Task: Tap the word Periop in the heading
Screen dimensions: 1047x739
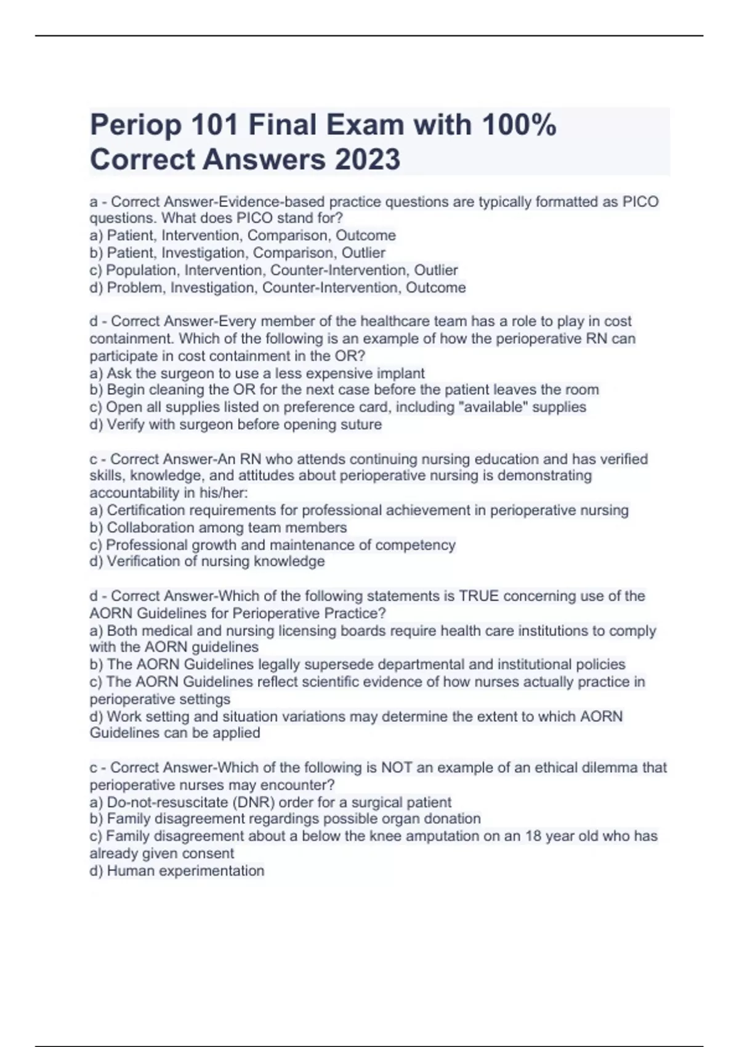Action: click(x=135, y=125)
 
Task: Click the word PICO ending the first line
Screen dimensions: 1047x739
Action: click(x=640, y=202)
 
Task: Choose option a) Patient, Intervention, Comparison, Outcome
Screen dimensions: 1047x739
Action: click(x=243, y=235)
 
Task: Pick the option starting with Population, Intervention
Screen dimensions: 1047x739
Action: click(x=273, y=270)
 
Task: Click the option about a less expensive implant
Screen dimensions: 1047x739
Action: click(x=257, y=373)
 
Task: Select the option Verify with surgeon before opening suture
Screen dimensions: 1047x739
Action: click(x=236, y=424)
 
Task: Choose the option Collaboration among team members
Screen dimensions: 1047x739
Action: click(x=219, y=528)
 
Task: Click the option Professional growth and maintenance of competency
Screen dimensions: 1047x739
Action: click(x=272, y=545)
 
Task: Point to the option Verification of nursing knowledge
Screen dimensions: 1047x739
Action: click(x=208, y=562)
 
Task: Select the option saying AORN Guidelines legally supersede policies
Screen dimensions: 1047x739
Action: click(x=358, y=665)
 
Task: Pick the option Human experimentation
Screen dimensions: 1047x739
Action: click(x=177, y=871)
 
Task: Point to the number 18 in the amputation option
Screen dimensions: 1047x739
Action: click(x=533, y=836)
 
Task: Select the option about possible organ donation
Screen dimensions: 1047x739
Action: click(x=285, y=819)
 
